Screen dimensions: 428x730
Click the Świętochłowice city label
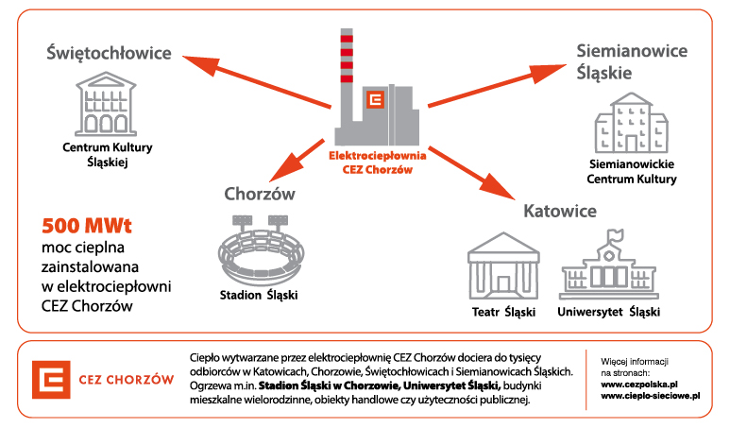[110, 53]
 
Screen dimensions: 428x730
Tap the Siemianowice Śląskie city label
[631, 61]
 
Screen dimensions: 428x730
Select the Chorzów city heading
[260, 195]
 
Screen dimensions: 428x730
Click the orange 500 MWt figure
[87, 226]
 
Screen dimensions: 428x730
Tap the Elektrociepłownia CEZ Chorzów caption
[377, 163]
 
